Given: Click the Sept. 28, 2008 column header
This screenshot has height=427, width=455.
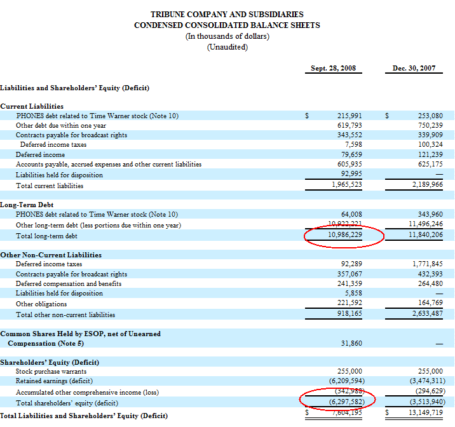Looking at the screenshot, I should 333,68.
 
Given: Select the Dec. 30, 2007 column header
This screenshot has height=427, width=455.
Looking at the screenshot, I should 414,68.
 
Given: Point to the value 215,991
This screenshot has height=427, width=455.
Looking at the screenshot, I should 349,116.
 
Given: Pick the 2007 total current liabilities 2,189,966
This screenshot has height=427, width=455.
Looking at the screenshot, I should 426,186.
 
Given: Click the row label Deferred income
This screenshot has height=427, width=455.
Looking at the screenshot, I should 40,154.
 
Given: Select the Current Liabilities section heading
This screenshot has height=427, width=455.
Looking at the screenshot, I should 32,106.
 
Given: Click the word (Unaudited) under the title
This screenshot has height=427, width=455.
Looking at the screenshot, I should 227,48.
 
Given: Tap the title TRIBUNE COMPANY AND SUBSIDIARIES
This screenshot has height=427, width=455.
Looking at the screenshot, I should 227,14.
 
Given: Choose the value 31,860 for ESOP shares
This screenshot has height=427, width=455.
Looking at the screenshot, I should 351,343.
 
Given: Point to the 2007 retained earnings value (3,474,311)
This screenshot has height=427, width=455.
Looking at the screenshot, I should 424,381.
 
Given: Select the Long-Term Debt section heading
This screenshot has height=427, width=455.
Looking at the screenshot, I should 27,205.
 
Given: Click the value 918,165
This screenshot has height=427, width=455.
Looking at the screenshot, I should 349,314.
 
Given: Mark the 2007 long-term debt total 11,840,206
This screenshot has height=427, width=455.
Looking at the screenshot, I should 425,236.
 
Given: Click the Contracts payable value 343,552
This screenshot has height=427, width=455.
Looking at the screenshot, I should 349,135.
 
